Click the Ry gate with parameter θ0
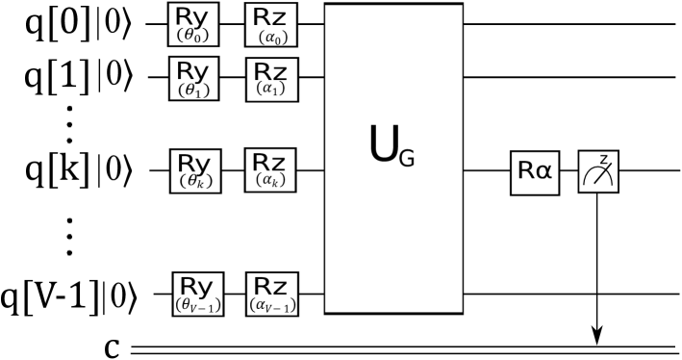coord(193,24)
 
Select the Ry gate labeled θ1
coord(193,78)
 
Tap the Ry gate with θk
coord(194,169)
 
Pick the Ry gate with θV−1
coord(197,294)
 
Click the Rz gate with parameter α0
coord(272,25)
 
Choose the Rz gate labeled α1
coord(272,79)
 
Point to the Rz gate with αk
coord(272,169)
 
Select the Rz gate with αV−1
coord(272,294)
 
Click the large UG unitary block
coord(393,159)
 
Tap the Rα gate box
coord(535,171)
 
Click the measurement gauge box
coord(598,172)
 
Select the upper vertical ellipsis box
coord(68,124)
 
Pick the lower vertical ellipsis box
coord(68,236)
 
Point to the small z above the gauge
coord(603,160)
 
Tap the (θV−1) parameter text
coord(197,305)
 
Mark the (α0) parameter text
coord(273,38)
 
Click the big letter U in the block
coord(383,143)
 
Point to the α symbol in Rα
coord(544,171)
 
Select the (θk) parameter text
coord(195,181)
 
